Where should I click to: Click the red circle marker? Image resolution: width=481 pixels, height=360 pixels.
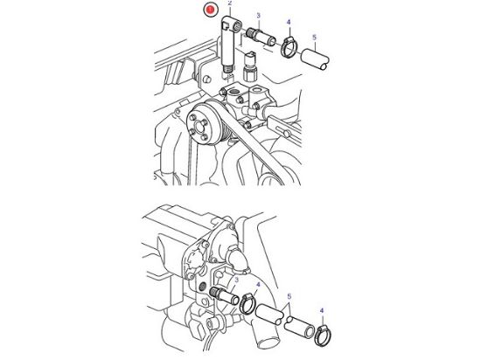coord(209,10)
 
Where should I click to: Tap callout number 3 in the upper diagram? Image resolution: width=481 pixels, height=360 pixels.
coord(258,16)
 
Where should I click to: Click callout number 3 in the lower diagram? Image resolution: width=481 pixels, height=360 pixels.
coord(234,277)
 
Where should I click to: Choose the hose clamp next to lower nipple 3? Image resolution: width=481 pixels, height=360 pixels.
coord(248,307)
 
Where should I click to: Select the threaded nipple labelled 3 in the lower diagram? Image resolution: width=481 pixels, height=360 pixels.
coord(224,300)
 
